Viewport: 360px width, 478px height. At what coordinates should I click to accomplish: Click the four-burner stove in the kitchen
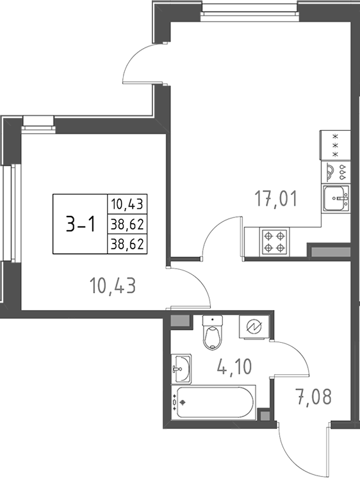click(x=274, y=242)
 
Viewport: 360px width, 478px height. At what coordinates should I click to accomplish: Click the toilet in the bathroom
click(x=211, y=333)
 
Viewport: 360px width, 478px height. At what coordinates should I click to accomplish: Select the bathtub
click(x=215, y=401)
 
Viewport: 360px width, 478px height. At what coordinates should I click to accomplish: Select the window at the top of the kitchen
click(x=249, y=8)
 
